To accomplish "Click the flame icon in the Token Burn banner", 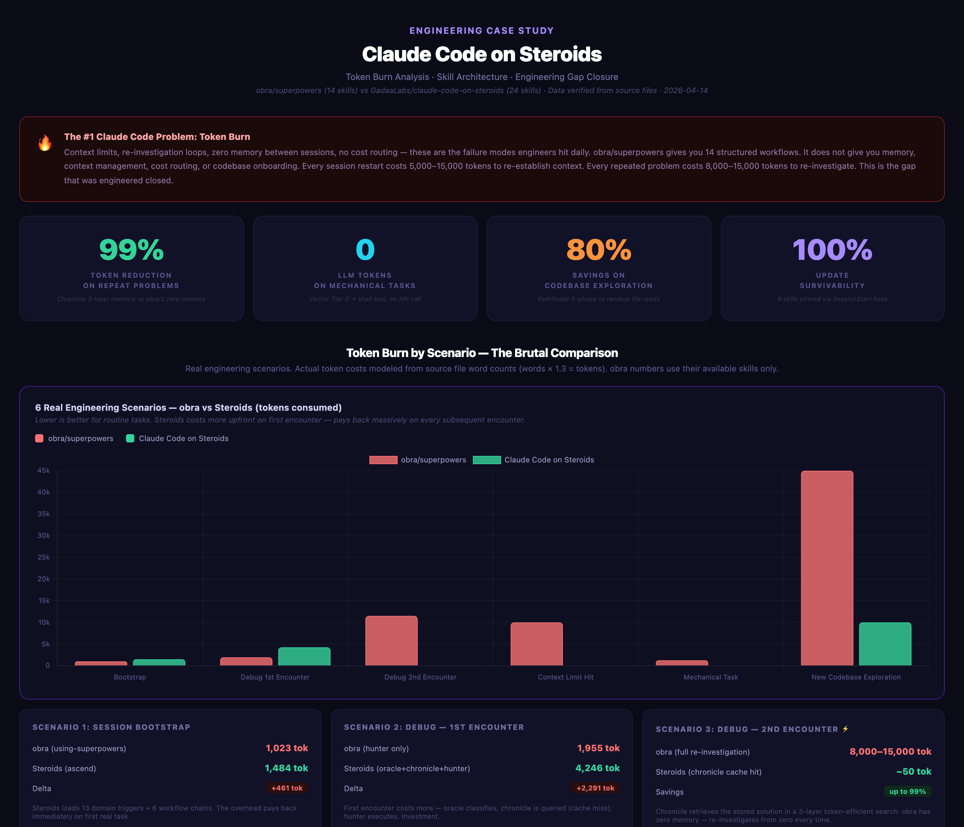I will (45, 143).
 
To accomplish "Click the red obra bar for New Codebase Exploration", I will (827, 568).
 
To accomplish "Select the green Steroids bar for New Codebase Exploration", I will (884, 644).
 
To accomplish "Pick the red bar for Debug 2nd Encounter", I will (391, 641).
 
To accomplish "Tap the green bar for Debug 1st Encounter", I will (304, 656).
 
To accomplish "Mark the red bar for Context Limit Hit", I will (536, 644).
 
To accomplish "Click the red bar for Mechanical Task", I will (682, 663).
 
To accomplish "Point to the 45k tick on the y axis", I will (44, 471).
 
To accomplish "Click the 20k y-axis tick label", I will (44, 579).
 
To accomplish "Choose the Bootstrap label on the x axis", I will (130, 677).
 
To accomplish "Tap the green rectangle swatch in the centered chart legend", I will (487, 460).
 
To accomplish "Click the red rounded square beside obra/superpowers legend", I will (40, 438).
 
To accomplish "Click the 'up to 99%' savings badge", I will (907, 791).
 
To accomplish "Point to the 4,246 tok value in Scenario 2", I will (597, 768).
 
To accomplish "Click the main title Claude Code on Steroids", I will (482, 54).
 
